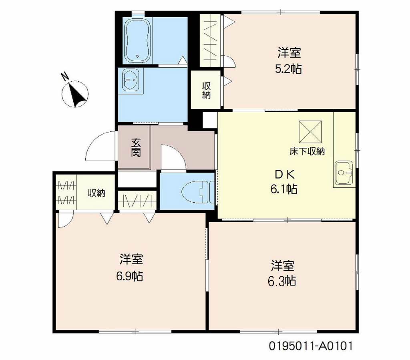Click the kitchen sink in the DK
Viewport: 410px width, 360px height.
click(344, 173)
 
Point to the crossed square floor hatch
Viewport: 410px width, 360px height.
click(310, 132)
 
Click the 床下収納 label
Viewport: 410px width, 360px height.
click(307, 151)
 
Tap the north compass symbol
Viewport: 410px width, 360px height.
click(75, 94)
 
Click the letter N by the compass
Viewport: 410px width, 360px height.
click(64, 76)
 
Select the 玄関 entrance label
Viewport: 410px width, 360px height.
click(136, 148)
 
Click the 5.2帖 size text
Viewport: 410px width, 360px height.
click(288, 69)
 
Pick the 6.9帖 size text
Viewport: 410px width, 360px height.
click(130, 276)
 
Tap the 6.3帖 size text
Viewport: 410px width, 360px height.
click(282, 281)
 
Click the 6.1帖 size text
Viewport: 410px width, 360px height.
click(284, 189)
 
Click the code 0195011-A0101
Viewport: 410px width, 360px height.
click(311, 346)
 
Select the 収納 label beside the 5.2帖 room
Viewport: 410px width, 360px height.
click(206, 90)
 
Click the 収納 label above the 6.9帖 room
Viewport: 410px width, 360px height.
click(96, 193)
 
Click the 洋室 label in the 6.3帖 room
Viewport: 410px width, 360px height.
click(282, 265)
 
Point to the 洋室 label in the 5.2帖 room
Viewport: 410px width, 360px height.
click(289, 53)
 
